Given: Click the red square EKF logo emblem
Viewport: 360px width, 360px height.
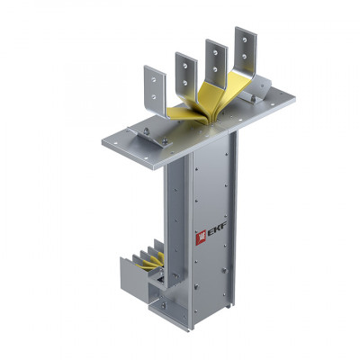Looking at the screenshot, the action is pos(201,238).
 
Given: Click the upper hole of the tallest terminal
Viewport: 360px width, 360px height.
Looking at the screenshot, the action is pos(245,40).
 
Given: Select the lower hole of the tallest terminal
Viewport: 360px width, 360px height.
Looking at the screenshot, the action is pos(245,56).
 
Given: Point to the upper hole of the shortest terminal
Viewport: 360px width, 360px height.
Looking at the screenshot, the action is pos(154,80).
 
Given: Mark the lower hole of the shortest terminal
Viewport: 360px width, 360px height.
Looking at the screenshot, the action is pos(154,96).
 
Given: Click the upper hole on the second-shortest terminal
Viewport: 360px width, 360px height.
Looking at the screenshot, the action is pos(185,66).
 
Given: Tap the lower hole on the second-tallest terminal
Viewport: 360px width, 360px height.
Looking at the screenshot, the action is pos(215,69).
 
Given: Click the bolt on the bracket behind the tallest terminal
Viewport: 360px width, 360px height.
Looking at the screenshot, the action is pos(254,97).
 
